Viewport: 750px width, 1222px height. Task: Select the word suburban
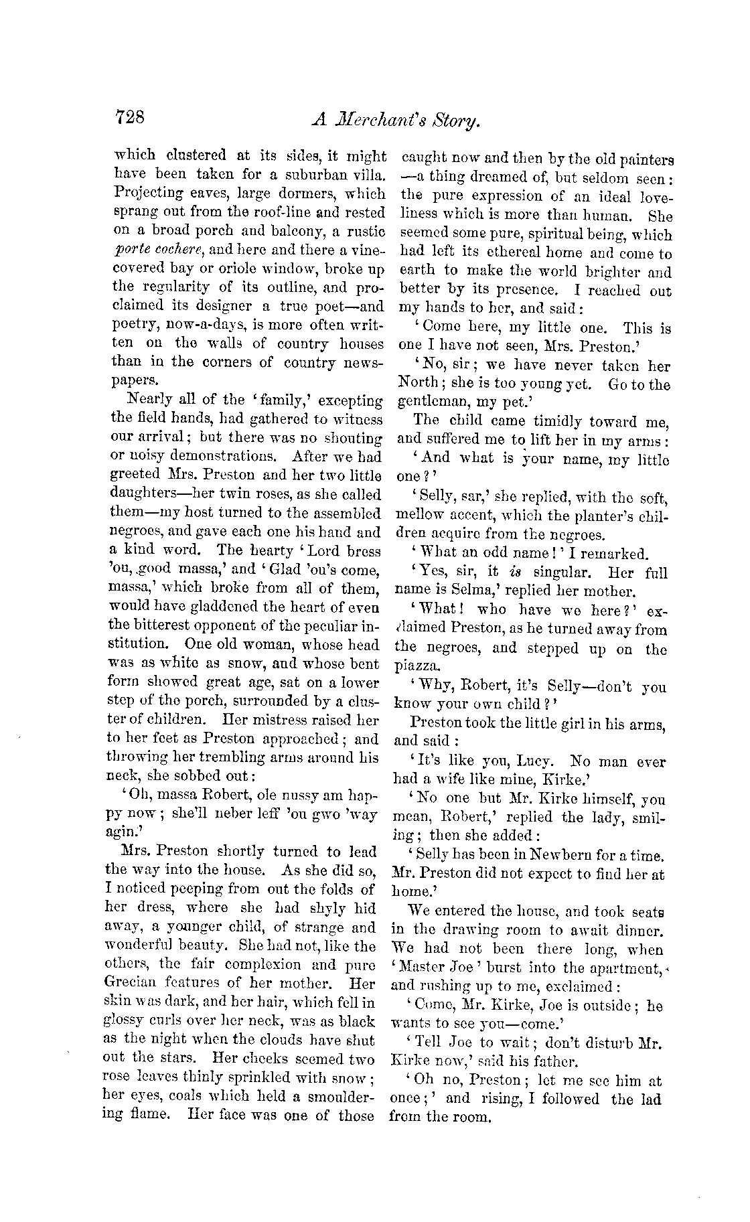point(310,175)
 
